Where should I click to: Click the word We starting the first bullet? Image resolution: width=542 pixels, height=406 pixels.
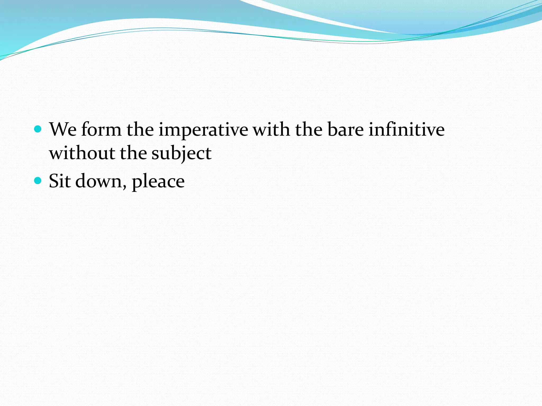(63, 130)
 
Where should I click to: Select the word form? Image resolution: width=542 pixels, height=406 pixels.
(101, 130)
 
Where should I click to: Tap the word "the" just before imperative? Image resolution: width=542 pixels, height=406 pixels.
(140, 130)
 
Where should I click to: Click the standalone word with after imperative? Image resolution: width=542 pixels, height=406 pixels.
(271, 130)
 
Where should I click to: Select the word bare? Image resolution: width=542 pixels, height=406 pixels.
(345, 130)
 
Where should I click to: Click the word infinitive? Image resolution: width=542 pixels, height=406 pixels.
(406, 130)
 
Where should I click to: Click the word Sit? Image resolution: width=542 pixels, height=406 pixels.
(60, 181)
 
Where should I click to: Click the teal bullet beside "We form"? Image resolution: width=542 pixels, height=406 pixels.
(38, 129)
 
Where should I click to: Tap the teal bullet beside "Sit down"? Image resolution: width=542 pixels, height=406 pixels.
(38, 181)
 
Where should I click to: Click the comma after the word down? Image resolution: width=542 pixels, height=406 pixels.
(124, 187)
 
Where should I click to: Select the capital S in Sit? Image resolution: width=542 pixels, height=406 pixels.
(54, 181)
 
